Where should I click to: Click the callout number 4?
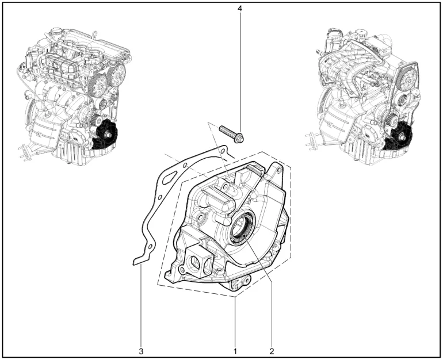click(239, 9)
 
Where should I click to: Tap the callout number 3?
click(141, 351)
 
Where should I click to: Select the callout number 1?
click(235, 351)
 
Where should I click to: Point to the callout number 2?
click(272, 351)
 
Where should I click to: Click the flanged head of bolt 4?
click(239, 139)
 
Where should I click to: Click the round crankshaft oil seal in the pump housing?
click(243, 227)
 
